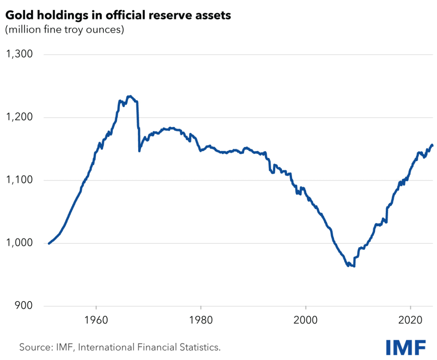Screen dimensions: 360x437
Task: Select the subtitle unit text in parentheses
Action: pos(64,30)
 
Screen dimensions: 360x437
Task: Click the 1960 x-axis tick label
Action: pos(96,320)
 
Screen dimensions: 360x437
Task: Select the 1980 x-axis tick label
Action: pos(201,320)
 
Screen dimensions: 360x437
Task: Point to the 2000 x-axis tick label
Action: pos(306,320)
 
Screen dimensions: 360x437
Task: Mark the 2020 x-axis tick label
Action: pos(411,320)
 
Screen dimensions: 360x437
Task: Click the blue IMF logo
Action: pos(405,347)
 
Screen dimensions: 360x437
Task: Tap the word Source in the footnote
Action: pos(32,347)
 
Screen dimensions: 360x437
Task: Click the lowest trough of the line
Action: pos(354,266)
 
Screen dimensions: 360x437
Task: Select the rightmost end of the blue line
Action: pos(432,145)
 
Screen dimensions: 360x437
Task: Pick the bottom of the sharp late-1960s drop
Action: pos(139,151)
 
